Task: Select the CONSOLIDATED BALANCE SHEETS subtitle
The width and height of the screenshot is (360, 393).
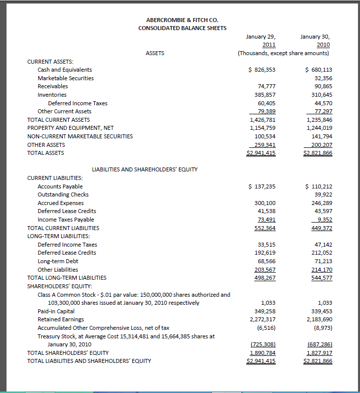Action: (x=183, y=28)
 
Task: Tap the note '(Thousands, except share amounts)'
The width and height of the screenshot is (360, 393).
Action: (x=283, y=53)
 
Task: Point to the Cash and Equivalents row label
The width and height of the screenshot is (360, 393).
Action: (x=65, y=70)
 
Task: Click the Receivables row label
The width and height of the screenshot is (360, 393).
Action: (x=53, y=86)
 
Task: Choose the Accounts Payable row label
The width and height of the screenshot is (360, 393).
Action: (x=60, y=186)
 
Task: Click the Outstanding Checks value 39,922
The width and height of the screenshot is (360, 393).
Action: (x=323, y=194)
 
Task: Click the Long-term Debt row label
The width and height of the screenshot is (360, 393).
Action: (x=58, y=261)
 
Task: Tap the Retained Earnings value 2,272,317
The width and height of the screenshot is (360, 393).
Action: (x=262, y=319)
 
